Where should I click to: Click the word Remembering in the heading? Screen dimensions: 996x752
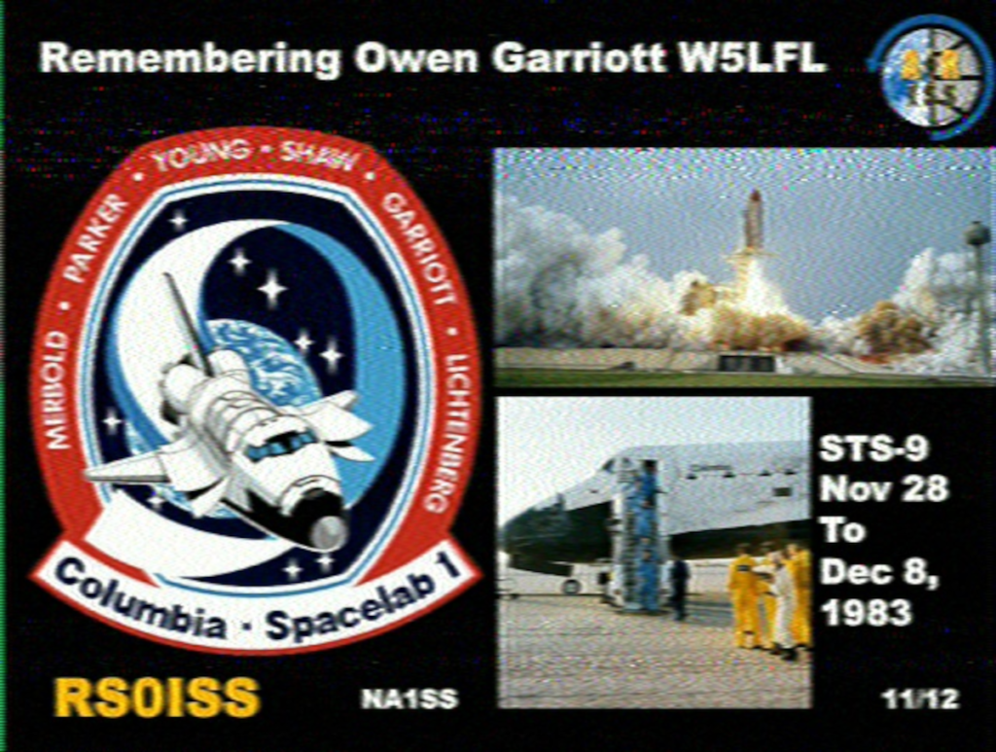click(x=190, y=59)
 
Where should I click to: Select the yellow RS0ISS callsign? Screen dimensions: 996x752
click(x=157, y=698)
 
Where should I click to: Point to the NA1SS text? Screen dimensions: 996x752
click(x=409, y=699)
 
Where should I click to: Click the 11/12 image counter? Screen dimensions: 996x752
click(x=920, y=699)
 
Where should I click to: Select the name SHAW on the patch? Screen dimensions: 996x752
click(x=318, y=157)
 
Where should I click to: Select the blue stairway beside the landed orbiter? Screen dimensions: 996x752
click(x=640, y=533)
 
